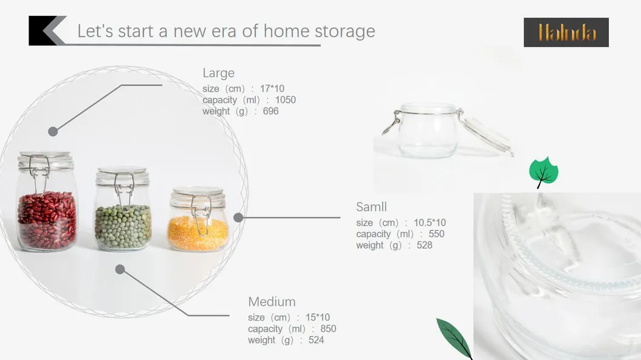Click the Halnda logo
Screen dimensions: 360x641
coord(566,32)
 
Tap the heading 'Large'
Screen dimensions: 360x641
coord(219,73)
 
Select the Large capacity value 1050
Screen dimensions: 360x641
coord(285,100)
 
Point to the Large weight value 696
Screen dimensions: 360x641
coord(271,111)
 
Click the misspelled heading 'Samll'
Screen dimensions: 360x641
coord(371,207)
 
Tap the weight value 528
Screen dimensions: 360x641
coord(424,245)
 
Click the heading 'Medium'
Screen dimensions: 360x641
coord(272,301)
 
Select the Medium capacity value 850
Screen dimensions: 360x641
coord(328,329)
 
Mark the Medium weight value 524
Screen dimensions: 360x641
coord(316,340)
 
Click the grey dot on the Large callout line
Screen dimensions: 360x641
coord(53,131)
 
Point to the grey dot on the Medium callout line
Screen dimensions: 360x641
coord(120,269)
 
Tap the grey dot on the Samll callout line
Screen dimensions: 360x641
coord(238,217)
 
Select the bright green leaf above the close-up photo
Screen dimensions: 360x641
coord(544,171)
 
